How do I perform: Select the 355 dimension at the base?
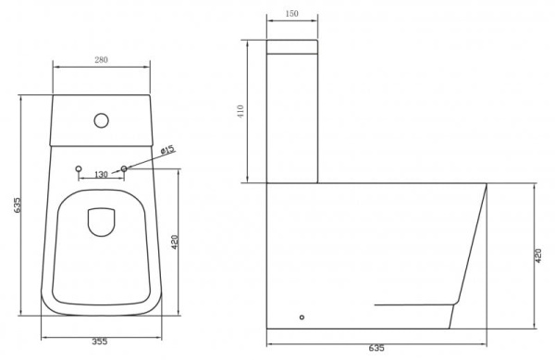(100, 341)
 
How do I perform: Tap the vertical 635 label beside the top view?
(17, 205)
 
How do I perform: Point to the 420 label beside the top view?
(174, 244)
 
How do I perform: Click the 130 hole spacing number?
(101, 173)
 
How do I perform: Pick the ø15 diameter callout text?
(167, 149)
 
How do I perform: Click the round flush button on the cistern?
(100, 119)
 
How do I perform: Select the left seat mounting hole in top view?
(78, 168)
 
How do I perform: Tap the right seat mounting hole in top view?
(124, 168)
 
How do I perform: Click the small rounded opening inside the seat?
(100, 222)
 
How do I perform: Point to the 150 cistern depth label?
(292, 15)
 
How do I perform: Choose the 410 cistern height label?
(240, 113)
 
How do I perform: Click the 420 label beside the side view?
(539, 255)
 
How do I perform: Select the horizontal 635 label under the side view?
(376, 348)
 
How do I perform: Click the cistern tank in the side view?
(292, 111)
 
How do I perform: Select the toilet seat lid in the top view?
(100, 250)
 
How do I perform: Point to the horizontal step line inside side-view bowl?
(416, 304)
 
